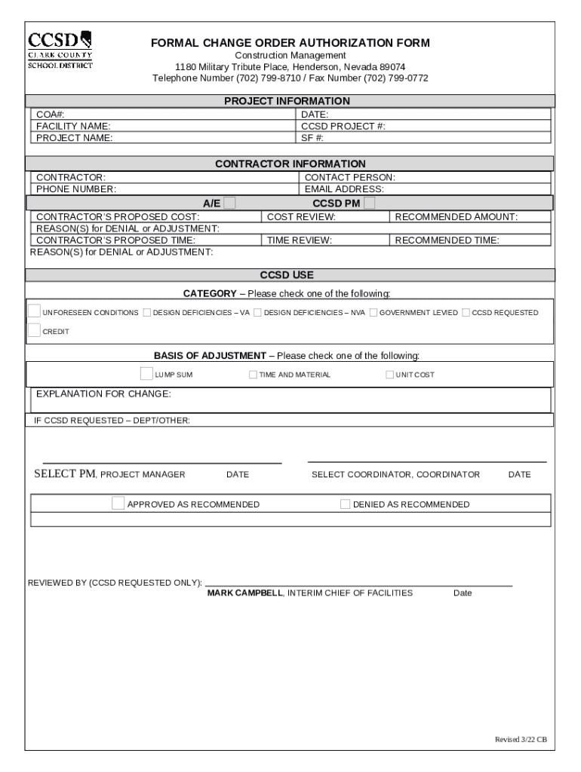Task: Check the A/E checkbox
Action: (229, 203)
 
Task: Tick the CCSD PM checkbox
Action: (370, 203)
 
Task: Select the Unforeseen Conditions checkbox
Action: (35, 311)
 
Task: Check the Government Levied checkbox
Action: (373, 312)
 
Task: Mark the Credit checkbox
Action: (35, 329)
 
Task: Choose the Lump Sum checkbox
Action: (146, 373)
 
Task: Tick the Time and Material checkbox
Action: (254, 375)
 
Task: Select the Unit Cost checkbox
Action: (389, 375)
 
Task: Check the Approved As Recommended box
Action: (118, 504)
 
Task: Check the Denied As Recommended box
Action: (345, 504)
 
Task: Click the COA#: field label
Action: (50, 115)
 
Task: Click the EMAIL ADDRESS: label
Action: (344, 189)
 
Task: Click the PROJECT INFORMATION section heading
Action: (287, 101)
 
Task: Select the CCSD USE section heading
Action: (287, 275)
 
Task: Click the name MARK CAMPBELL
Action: (245, 593)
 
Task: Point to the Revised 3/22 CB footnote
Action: (520, 739)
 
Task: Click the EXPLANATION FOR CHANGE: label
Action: (103, 394)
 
